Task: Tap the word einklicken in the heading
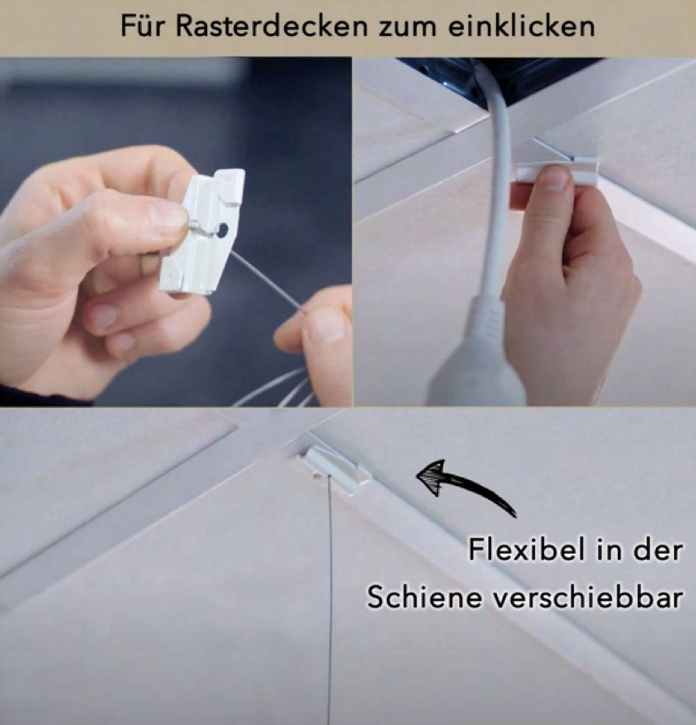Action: point(522,26)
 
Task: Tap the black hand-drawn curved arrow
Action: point(466,485)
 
